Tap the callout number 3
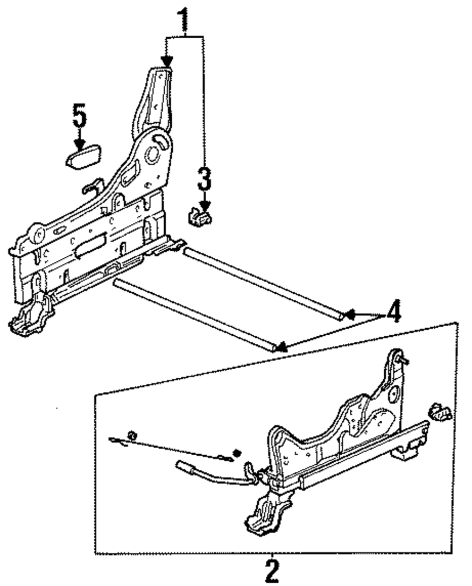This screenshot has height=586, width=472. (x=203, y=179)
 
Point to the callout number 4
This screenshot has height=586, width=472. (x=393, y=312)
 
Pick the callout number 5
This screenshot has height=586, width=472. (x=79, y=116)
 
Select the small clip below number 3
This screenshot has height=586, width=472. (x=200, y=217)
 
